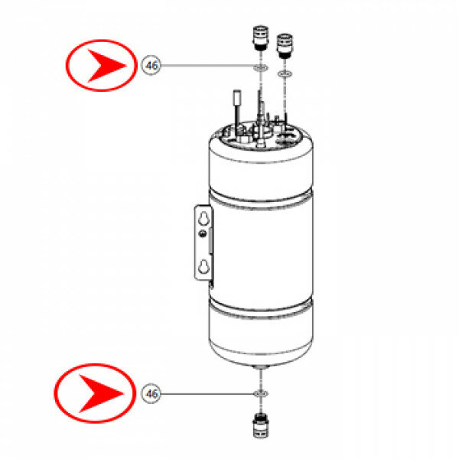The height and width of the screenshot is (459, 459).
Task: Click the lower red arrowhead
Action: point(99,393)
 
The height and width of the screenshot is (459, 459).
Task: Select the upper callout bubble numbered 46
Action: point(151,65)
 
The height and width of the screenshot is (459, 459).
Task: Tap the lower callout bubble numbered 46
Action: point(151,394)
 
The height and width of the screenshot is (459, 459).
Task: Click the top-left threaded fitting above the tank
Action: point(260,38)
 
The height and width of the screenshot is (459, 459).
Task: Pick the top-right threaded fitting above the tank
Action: point(285,46)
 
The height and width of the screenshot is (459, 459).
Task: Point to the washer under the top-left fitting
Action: point(260,68)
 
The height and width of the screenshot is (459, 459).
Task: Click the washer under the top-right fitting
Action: point(285,74)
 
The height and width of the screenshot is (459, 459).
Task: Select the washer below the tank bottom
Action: point(261,394)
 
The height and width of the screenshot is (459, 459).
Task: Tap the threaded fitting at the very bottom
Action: point(260,425)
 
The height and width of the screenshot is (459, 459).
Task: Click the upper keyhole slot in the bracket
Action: point(203,218)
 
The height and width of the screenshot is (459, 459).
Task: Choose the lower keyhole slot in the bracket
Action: point(203,266)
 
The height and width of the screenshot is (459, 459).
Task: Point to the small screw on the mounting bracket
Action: point(202,233)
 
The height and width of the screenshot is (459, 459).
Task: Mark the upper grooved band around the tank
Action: point(261,199)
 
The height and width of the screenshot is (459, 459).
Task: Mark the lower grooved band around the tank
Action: point(261,308)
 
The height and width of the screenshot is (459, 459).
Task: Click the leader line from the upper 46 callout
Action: point(207,65)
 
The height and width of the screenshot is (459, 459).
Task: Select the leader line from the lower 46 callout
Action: point(207,394)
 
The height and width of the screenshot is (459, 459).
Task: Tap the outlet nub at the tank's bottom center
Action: point(261,367)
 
